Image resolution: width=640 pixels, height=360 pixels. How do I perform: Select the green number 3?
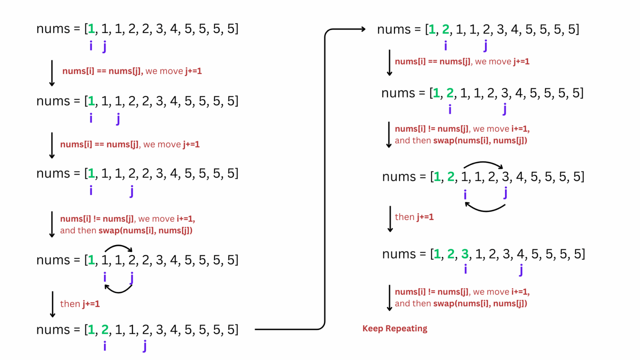coord(465,254)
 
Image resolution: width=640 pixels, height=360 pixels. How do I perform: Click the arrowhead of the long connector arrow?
coord(363,29)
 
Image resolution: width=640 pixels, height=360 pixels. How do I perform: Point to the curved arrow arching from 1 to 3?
coord(483,164)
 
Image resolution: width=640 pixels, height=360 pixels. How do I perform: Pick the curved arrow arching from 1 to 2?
coord(118,247)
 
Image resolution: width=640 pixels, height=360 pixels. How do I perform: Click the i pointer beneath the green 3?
coord(465,269)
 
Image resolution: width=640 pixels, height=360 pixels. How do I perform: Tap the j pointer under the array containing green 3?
coord(521,270)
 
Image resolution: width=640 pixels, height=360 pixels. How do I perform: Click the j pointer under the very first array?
coord(105,46)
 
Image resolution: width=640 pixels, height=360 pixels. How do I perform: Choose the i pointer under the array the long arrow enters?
coord(445,45)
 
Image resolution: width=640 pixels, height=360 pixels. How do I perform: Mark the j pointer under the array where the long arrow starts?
coord(145,346)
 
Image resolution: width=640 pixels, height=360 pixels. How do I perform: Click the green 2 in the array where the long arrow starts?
coord(105,330)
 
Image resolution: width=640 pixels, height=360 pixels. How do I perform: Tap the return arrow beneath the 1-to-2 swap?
coord(118,289)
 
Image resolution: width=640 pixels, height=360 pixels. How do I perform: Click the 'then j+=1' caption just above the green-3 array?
coord(414,217)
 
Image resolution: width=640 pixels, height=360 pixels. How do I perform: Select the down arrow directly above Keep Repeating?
coord(389,298)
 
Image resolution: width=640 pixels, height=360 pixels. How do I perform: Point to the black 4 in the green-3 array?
coord(520,254)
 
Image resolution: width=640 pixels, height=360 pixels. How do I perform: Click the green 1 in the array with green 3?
coord(437,254)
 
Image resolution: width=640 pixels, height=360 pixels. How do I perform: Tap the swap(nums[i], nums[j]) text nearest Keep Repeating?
coord(480,303)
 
